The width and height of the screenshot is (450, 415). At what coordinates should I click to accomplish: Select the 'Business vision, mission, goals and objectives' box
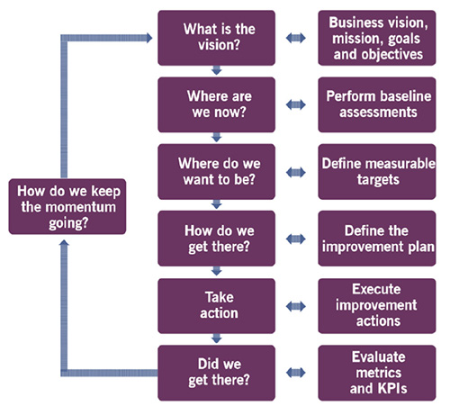(377, 38)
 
